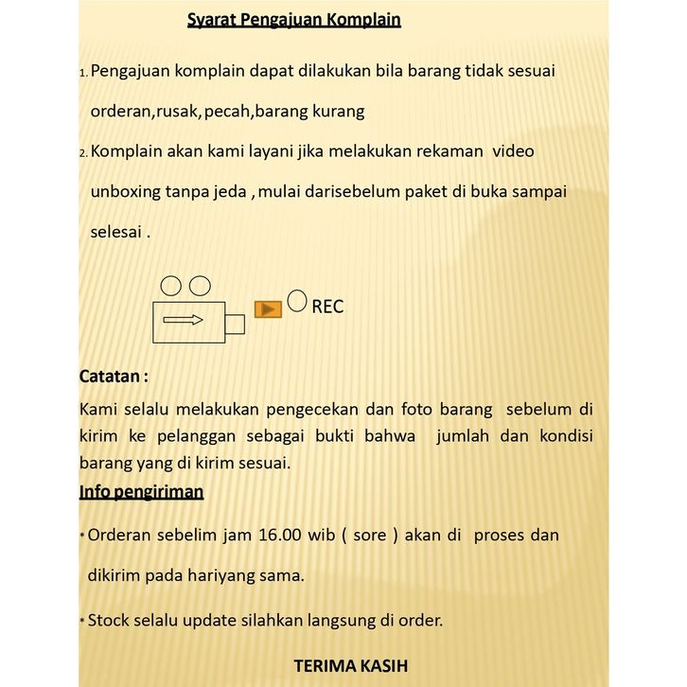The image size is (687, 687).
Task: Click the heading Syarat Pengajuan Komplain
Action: click(x=293, y=20)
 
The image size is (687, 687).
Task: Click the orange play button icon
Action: click(x=269, y=309)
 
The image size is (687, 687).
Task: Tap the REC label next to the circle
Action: click(x=327, y=307)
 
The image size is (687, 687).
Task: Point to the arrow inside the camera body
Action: click(x=184, y=320)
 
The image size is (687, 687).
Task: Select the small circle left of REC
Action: click(x=297, y=301)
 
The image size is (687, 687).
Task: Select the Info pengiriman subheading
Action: click(x=141, y=492)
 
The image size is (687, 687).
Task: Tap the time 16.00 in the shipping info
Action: click(x=279, y=535)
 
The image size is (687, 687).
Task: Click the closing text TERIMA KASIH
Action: click(x=351, y=665)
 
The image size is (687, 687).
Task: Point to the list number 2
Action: click(x=82, y=152)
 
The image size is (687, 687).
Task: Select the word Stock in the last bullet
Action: click(x=111, y=621)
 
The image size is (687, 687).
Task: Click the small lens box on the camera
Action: click(x=235, y=324)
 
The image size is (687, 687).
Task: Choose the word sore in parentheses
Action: click(x=370, y=535)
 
